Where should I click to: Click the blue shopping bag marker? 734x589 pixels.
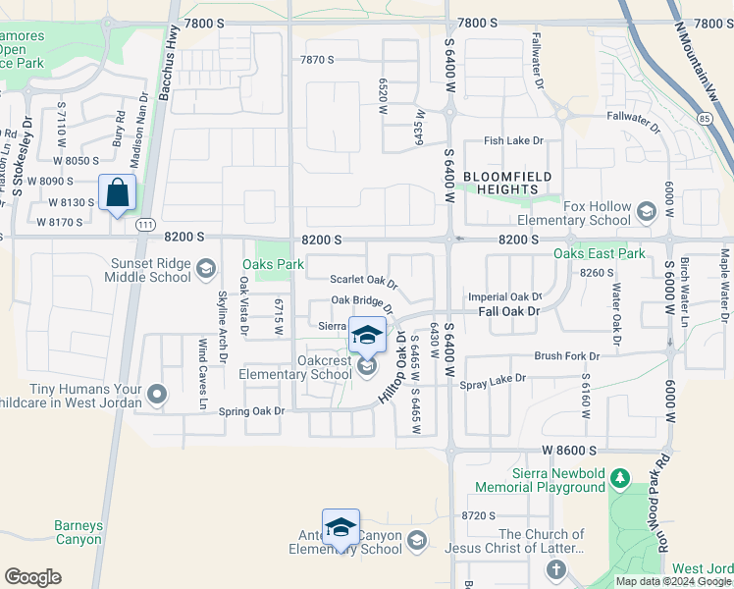coord(117,192)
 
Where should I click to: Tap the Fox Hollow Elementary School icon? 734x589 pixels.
coord(646,211)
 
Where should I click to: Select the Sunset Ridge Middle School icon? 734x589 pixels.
coord(205,268)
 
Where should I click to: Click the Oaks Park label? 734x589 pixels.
coord(274,264)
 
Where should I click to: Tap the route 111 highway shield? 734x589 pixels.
coord(145,225)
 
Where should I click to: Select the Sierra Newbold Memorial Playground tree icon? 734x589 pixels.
coord(618,478)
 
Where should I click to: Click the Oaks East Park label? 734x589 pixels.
coord(600,253)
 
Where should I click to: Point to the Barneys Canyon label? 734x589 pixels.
coord(78,532)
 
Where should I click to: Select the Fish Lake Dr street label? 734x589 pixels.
coord(513,141)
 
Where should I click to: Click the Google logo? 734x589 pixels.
coord(32,577)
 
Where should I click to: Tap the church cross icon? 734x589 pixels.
coord(556,569)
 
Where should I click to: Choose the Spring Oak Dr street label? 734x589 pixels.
coord(251,411)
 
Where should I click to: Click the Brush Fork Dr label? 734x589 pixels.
coord(566,356)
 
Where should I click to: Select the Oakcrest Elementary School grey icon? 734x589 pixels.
coord(367,367)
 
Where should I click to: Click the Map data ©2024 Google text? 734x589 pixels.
coord(672,581)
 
